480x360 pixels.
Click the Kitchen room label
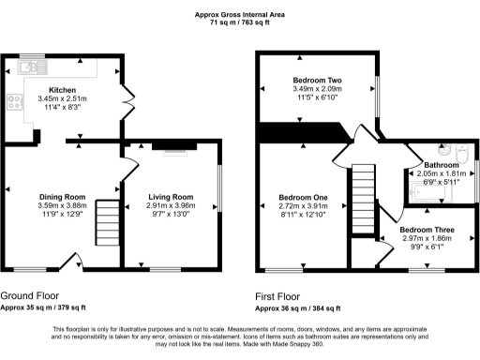tap(62, 90)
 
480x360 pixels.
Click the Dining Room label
tap(62, 197)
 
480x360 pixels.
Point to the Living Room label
tap(170, 197)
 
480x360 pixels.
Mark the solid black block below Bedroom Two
tap(300, 133)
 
